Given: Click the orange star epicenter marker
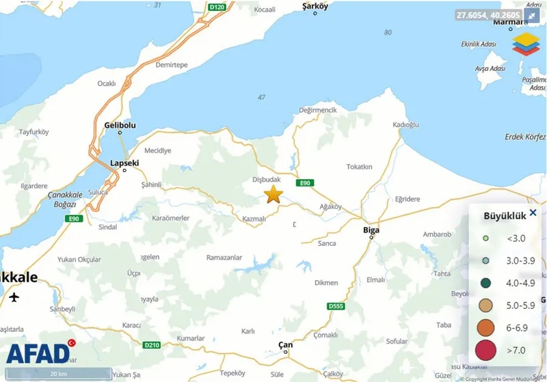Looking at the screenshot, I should [x=273, y=194].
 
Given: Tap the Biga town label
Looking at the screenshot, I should [x=370, y=230].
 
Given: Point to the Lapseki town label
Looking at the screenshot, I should [x=124, y=163].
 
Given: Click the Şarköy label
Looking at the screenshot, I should [x=315, y=6].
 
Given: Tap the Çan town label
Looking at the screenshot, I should [x=286, y=344].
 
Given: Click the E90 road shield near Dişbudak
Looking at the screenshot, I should [x=304, y=183].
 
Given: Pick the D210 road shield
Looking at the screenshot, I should [x=152, y=345].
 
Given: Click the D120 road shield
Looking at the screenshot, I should [x=217, y=8].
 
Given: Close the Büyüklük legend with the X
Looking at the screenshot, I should [x=533, y=213].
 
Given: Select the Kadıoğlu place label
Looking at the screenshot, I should [x=405, y=124].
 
